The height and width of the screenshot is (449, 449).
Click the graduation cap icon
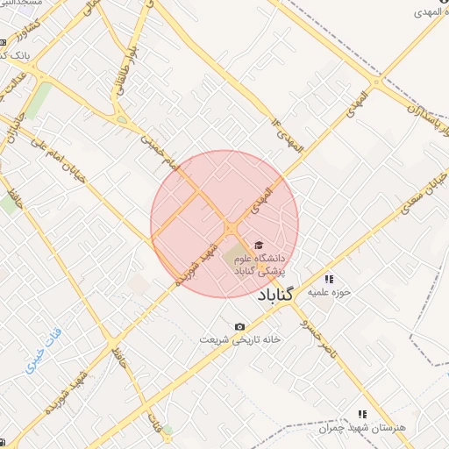(258, 245)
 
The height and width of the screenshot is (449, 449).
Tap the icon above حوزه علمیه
(329, 278)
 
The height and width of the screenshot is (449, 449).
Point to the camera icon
(239, 327)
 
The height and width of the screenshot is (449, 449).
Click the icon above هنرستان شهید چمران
(360, 413)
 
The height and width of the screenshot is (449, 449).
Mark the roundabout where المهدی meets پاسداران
(376, 83)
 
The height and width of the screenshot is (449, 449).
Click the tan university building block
(235, 257)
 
